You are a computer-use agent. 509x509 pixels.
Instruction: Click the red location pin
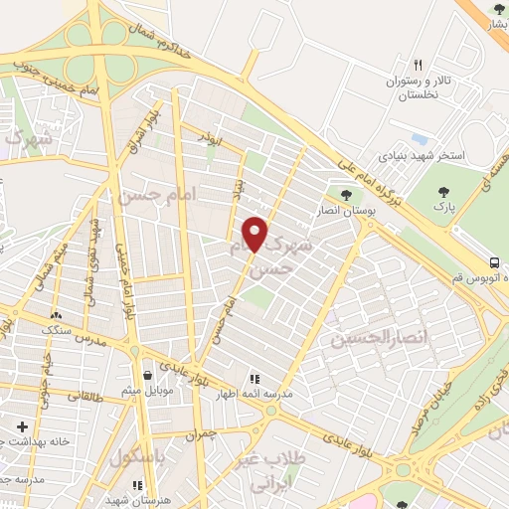pos(255,234)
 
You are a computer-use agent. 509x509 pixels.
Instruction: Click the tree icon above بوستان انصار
pos(346,195)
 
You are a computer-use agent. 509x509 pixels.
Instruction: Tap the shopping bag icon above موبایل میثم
pos(149,377)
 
